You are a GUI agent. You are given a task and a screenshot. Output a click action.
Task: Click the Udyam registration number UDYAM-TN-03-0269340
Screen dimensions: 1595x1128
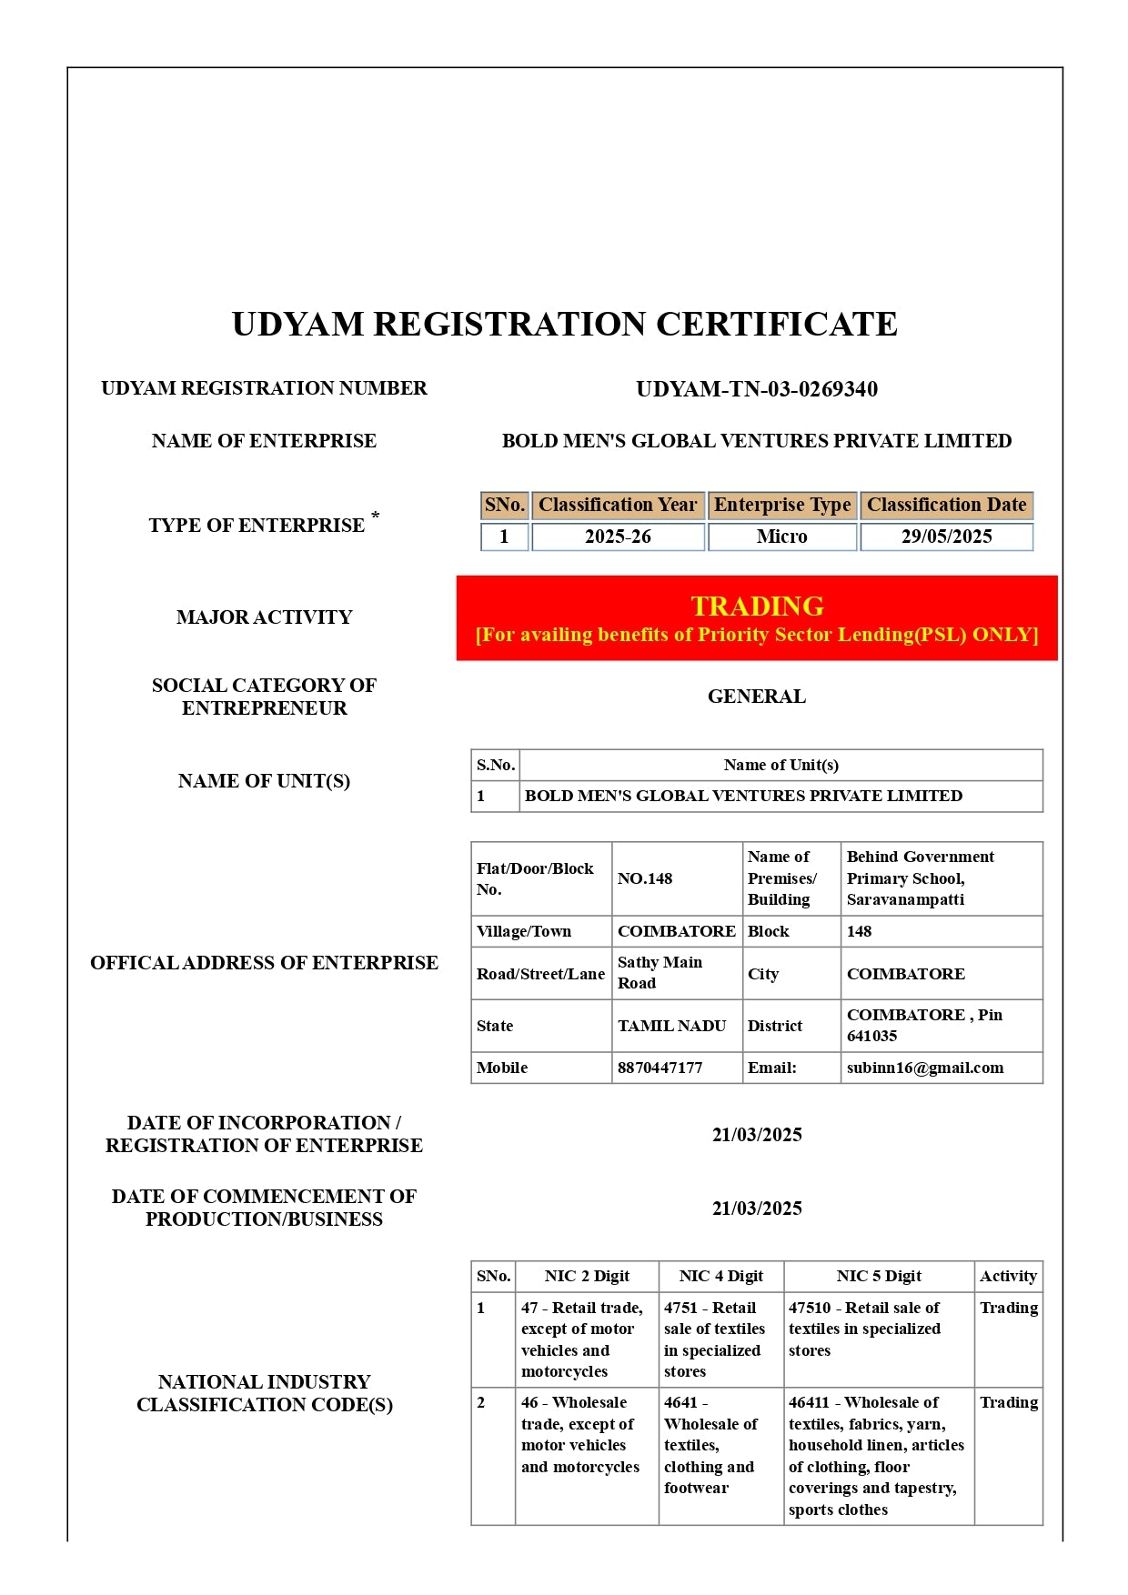756,389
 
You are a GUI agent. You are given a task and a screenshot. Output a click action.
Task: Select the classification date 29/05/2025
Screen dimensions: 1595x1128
946,537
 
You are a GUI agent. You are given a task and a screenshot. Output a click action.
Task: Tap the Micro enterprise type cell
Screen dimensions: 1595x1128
781,537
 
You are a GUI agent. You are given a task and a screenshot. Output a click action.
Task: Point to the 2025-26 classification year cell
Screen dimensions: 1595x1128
618,537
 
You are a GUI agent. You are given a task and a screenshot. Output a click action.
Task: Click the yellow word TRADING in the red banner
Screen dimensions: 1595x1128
757,606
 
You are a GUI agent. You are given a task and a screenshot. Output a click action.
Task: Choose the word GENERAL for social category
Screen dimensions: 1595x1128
756,697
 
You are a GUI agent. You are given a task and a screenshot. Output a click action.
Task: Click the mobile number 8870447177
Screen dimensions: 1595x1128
660,1068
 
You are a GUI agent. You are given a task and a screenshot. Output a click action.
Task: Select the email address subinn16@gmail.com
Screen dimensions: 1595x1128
924,1068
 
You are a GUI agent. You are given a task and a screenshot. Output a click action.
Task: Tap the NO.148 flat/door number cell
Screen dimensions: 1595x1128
645,878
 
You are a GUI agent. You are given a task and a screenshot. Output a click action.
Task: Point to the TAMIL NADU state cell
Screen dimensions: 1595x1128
671,1026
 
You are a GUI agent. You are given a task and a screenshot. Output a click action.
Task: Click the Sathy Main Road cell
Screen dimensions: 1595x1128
660,973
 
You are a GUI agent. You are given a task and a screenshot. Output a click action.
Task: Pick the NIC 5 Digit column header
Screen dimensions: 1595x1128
879,1276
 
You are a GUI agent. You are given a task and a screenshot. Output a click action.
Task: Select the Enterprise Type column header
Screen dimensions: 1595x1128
782,505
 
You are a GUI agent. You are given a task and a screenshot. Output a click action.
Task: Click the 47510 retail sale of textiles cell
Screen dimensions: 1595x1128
863,1329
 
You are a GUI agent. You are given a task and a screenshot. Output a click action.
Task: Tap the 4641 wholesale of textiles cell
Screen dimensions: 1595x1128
710,1445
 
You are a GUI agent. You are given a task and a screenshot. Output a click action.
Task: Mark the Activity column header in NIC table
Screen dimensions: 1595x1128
1008,1276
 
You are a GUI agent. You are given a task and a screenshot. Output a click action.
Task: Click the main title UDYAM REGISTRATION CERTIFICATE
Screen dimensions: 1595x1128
564,325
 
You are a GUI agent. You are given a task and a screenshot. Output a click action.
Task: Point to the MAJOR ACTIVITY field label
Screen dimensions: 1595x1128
264,617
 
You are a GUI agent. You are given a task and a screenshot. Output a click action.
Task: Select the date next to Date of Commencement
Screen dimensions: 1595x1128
756,1209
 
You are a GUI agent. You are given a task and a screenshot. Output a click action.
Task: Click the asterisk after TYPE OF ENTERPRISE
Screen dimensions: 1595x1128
375,517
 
